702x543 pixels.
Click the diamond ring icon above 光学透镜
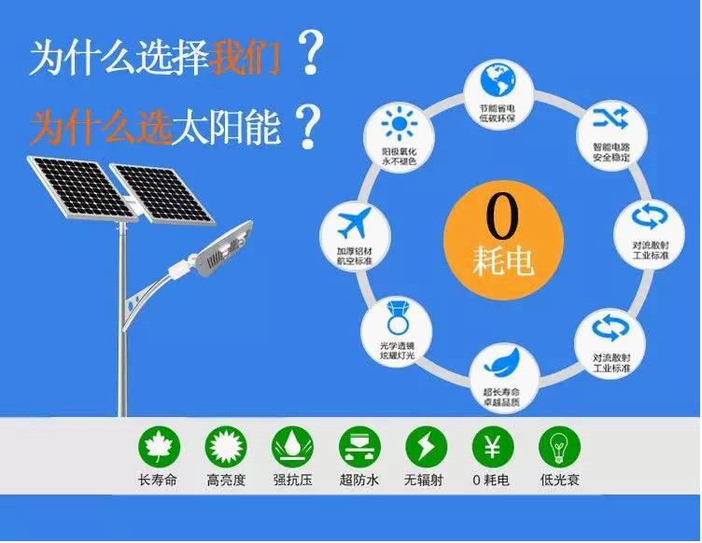pyautogui.click(x=388, y=318)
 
